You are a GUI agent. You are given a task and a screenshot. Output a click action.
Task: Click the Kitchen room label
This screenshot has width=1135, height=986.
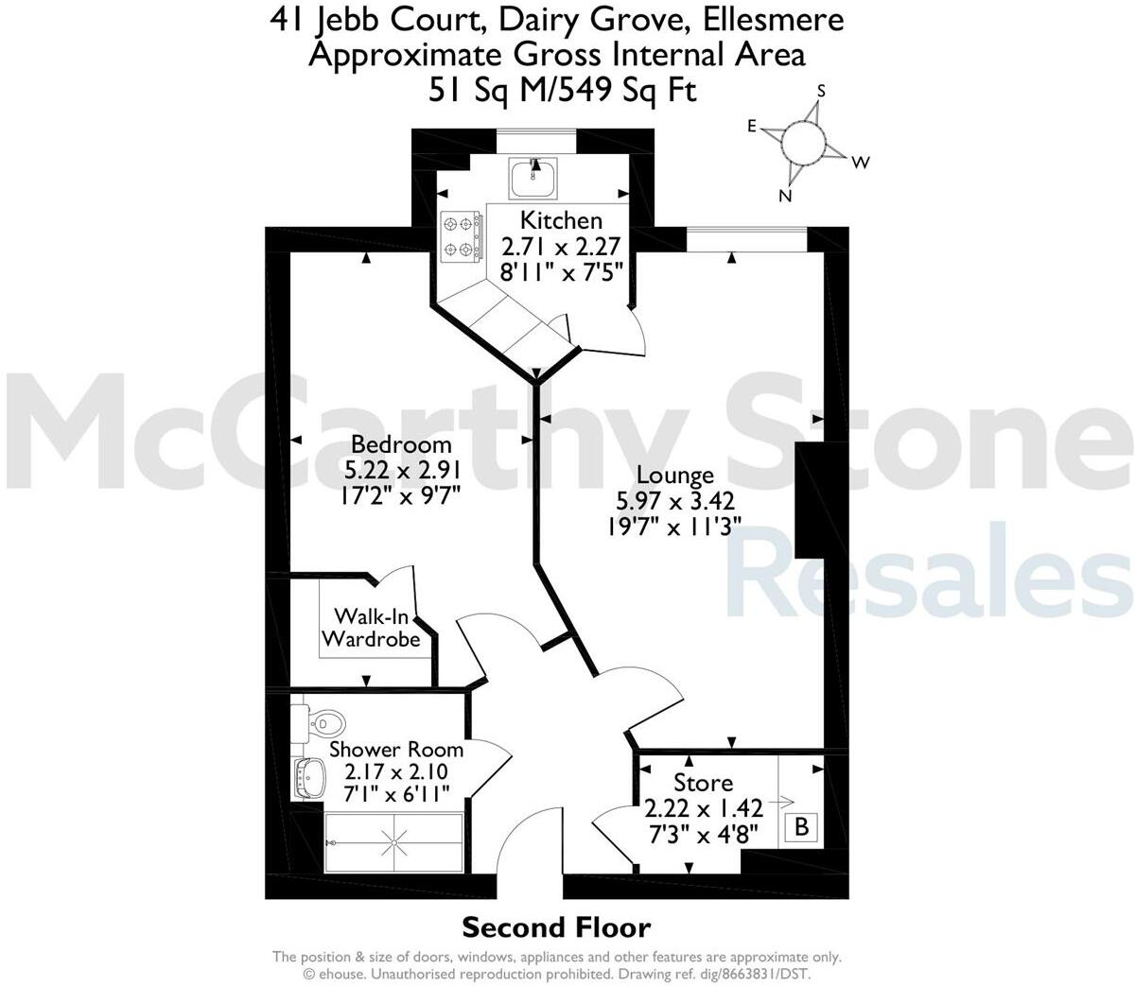click(x=561, y=220)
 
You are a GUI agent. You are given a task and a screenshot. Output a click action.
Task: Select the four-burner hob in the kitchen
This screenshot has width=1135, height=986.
click(x=460, y=237)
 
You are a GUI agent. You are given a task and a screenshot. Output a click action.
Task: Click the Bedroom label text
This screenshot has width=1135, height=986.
click(x=401, y=443)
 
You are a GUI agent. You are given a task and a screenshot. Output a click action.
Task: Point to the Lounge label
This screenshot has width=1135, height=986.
click(x=674, y=475)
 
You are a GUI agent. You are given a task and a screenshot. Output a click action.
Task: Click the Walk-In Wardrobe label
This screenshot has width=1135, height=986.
click(x=371, y=628)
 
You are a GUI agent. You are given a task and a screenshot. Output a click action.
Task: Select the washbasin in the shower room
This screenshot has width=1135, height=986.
click(x=309, y=780)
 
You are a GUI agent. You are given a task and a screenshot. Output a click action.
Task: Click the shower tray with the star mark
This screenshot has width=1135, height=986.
click(x=393, y=840)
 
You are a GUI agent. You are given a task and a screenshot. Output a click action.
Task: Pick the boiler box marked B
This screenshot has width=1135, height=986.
click(x=801, y=828)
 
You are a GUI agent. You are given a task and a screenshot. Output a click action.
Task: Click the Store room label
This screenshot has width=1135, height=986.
click(x=703, y=783)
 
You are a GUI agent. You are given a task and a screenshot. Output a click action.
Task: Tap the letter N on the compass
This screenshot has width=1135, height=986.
click(x=785, y=196)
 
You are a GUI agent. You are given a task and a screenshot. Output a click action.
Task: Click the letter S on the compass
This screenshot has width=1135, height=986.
click(x=821, y=91)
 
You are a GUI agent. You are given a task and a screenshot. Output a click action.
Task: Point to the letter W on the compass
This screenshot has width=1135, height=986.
click(x=860, y=163)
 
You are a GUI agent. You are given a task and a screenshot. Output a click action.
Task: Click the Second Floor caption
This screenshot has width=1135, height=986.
click(x=556, y=927)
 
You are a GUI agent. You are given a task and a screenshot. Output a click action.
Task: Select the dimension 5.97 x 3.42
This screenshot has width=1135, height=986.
click(x=674, y=501)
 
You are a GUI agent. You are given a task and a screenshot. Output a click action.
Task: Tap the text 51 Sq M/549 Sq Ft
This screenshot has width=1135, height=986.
click(x=562, y=90)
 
